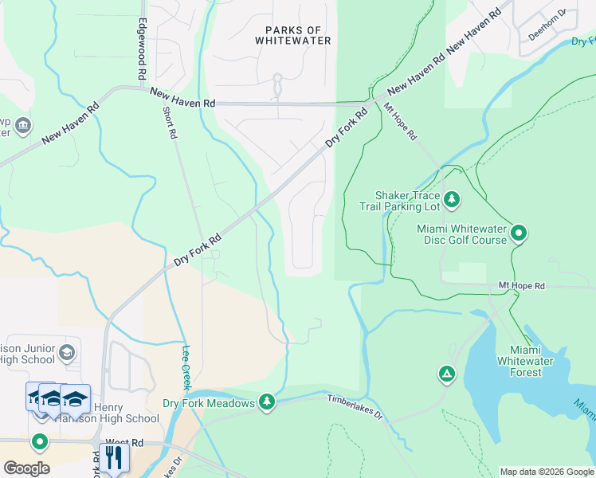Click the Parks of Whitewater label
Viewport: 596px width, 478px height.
(x=292, y=34)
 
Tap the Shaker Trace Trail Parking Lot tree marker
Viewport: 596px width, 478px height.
(x=452, y=198)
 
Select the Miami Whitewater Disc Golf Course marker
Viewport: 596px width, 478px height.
(x=519, y=233)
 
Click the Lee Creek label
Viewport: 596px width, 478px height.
(x=186, y=367)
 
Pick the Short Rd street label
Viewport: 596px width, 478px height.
(x=170, y=123)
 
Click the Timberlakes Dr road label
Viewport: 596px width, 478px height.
(x=355, y=406)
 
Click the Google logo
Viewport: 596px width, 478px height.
(x=26, y=468)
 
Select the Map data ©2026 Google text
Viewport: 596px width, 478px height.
(x=546, y=472)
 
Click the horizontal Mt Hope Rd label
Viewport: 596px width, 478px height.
(x=521, y=284)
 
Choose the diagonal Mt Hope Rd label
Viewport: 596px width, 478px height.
(x=400, y=121)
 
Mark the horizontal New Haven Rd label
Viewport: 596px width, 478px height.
(x=182, y=93)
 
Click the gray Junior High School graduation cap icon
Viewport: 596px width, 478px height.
(x=67, y=351)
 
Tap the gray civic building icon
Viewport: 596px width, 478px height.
(x=22, y=125)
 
